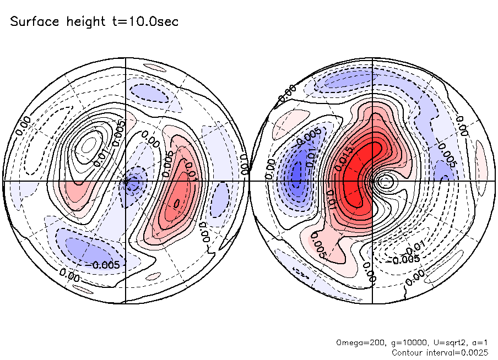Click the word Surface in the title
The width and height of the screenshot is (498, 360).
coord(34,22)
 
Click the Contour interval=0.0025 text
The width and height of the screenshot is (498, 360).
coord(440,352)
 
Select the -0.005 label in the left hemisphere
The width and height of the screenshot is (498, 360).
coord(104,264)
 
